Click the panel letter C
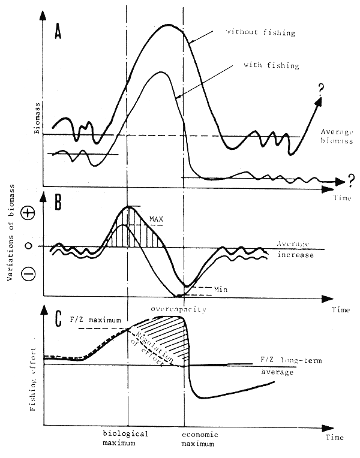coord(58,320)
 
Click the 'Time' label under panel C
coord(334,438)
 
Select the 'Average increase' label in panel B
coord(293,248)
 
